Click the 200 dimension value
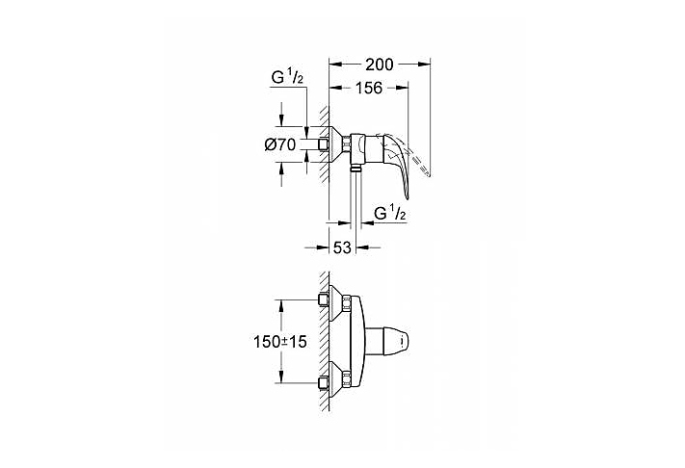coord(381,65)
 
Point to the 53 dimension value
coord(341,247)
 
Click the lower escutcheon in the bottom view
coord(337,381)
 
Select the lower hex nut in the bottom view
coord(323,382)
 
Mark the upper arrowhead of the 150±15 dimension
coord(282,305)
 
